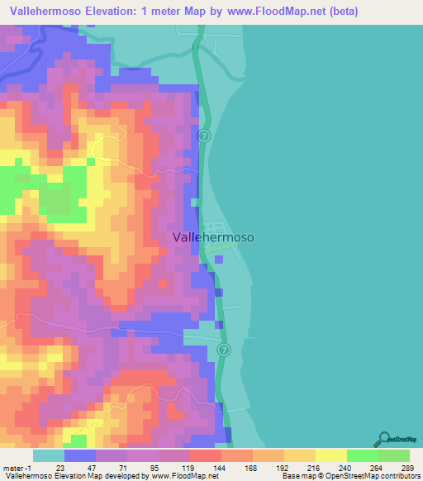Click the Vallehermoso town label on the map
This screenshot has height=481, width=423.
click(x=213, y=236)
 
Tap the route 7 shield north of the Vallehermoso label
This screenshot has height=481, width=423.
click(x=205, y=135)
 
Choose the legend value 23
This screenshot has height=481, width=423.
click(x=60, y=467)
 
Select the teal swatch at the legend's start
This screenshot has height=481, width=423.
click(x=48, y=455)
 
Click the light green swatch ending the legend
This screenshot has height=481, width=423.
click(x=393, y=455)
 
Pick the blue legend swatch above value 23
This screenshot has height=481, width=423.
click(x=80, y=455)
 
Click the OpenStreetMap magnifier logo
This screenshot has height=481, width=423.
click(x=384, y=439)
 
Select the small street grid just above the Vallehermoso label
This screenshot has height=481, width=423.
click(x=216, y=227)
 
